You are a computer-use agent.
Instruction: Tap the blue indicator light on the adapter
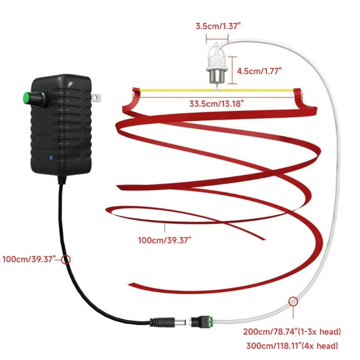pyautogui.click(x=52, y=158)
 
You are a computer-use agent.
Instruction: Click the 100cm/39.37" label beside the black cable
pyautogui.click(x=29, y=259)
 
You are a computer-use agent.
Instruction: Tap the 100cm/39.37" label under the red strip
pyautogui.click(x=165, y=240)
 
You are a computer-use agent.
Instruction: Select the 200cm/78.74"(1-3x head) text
pyautogui.click(x=292, y=333)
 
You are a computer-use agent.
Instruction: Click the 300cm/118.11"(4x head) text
pyautogui.click(x=292, y=346)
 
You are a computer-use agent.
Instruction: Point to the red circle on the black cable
pyautogui.click(x=66, y=260)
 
